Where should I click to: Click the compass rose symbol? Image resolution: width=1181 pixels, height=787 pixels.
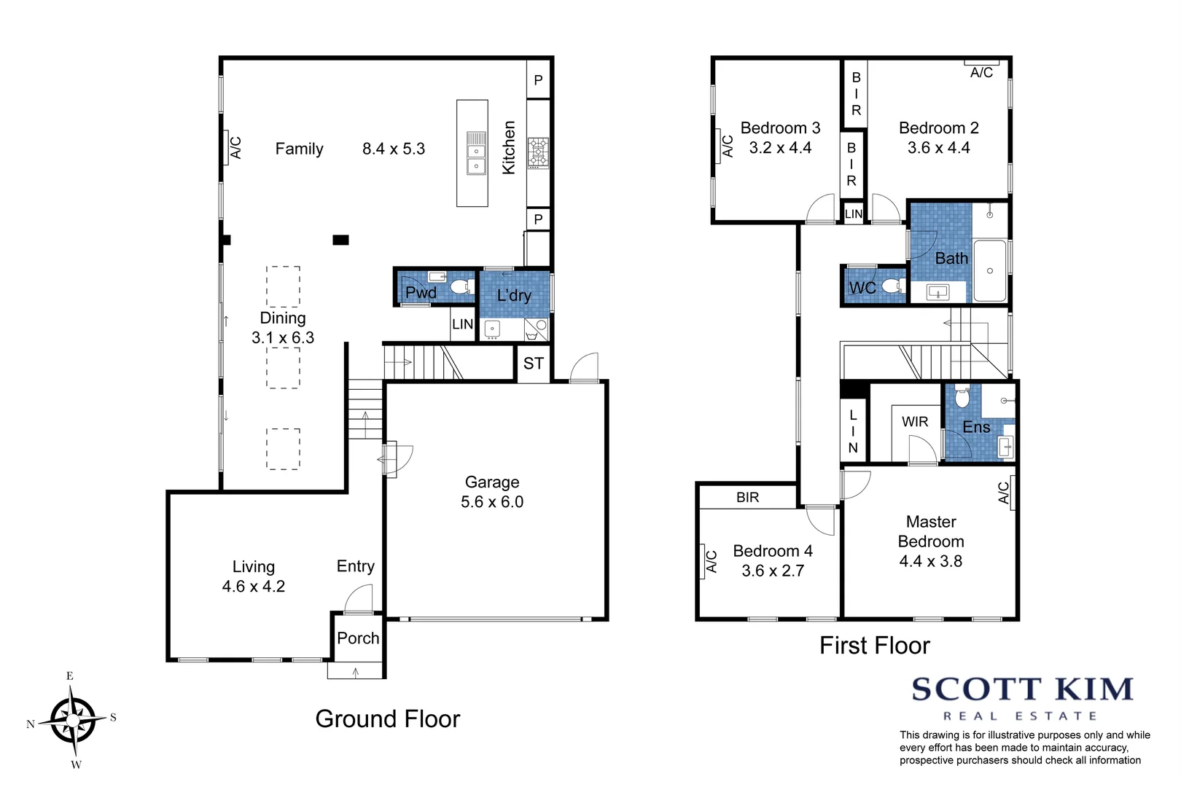point(73,720)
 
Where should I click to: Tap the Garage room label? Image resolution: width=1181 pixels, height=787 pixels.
point(492,482)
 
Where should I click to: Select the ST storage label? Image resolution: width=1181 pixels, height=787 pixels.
point(534,363)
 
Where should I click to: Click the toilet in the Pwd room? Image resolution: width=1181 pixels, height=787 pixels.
point(461,286)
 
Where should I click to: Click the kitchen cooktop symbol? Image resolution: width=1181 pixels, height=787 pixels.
point(538,152)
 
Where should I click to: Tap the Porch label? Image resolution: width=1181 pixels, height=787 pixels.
point(358,638)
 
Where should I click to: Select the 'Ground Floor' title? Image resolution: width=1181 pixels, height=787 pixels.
point(387,719)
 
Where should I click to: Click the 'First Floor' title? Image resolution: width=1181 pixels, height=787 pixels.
point(874,646)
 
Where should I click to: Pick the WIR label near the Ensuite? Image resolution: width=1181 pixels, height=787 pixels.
point(915,422)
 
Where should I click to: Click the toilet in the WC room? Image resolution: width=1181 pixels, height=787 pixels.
point(892,286)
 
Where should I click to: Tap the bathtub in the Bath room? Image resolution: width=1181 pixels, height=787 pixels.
point(990,270)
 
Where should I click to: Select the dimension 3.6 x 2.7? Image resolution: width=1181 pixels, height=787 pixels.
point(773,571)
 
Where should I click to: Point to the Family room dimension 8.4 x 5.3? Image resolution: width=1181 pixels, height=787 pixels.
point(394,149)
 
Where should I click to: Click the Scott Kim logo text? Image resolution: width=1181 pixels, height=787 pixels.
point(1021,689)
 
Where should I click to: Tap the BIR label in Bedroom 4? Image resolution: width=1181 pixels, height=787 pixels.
point(747,497)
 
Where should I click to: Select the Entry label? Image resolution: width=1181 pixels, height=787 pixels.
point(356,566)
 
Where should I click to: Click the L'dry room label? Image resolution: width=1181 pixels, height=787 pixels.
point(514,295)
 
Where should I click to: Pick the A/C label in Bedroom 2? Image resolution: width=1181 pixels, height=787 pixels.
point(981,72)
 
